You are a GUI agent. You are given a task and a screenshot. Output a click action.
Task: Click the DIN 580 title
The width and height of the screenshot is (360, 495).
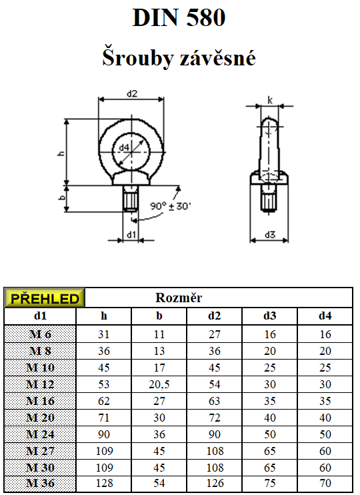[x=179, y=17]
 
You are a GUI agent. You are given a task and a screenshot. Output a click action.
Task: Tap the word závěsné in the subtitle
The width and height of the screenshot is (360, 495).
[x=217, y=58]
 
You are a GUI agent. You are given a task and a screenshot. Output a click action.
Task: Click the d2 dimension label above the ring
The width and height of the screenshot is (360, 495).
[x=132, y=93]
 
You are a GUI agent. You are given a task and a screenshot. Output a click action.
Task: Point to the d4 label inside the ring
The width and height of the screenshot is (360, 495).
[x=124, y=147]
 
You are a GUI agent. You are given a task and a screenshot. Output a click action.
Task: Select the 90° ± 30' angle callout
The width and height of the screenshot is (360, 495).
[x=171, y=206]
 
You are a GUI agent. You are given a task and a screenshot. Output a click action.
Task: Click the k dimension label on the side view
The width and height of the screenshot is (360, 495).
[x=270, y=100]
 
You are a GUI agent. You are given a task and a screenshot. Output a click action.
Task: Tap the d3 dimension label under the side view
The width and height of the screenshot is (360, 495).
[x=270, y=234]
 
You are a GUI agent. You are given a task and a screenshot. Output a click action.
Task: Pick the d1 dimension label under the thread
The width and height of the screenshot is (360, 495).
[x=131, y=235]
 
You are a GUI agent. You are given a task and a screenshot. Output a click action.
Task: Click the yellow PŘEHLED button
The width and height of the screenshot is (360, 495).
[x=45, y=298]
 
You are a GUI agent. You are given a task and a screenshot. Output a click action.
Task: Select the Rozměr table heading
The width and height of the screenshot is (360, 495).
[x=179, y=298]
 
